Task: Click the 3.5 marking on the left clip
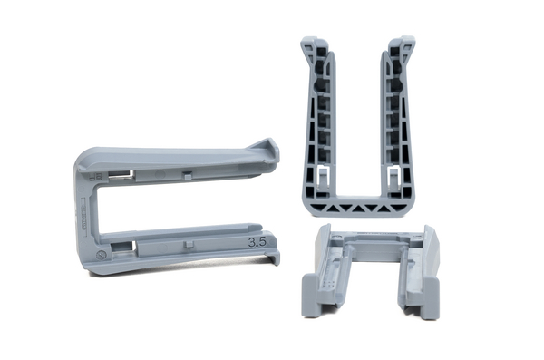click(257, 242)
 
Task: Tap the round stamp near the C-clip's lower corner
click(101, 256)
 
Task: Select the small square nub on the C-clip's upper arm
click(187, 175)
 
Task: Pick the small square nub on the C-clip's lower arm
click(189, 243)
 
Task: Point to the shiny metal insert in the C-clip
click(120, 175)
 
